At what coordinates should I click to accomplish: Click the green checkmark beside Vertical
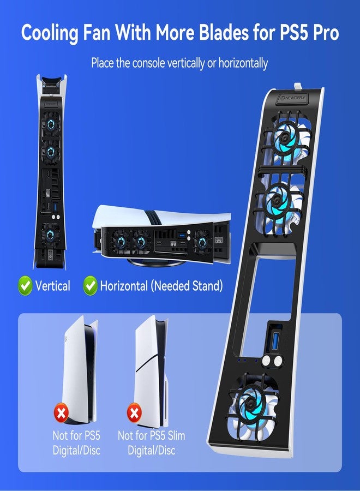(25, 285)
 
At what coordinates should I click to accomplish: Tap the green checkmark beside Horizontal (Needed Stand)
(90, 285)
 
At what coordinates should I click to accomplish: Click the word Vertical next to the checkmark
(52, 285)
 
